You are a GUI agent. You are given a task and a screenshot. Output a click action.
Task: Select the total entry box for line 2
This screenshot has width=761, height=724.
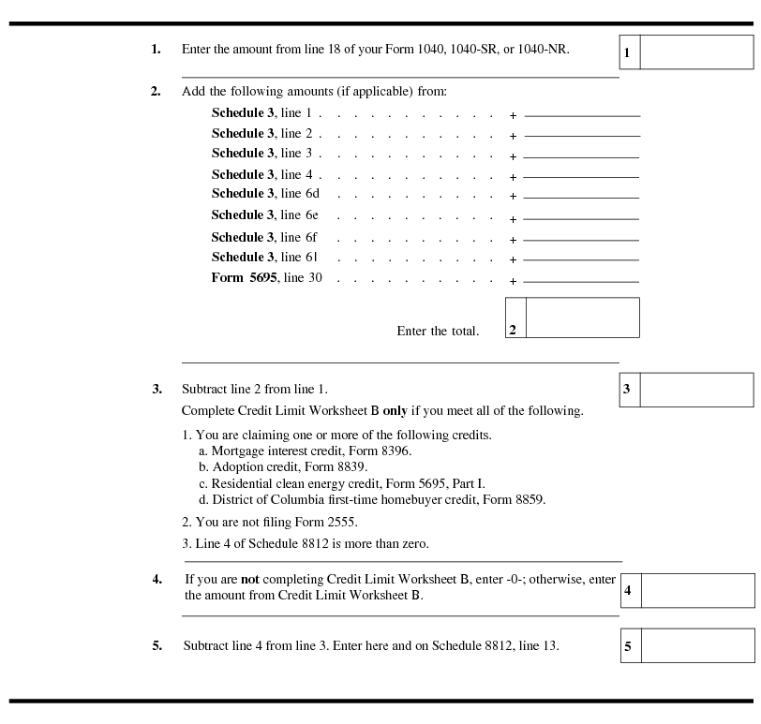tap(582, 318)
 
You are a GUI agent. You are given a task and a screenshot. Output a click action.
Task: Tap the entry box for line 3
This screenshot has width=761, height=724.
tap(696, 390)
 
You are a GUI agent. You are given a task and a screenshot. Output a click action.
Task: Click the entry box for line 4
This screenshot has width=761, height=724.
tap(697, 590)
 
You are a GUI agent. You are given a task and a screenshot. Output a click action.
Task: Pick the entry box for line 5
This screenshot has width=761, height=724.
tap(697, 645)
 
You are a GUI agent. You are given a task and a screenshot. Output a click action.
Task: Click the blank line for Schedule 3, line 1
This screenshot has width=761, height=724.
tap(582, 114)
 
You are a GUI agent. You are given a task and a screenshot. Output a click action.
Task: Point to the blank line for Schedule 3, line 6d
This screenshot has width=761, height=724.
tap(582, 196)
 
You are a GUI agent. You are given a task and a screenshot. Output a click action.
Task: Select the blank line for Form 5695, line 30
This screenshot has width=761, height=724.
tap(582, 280)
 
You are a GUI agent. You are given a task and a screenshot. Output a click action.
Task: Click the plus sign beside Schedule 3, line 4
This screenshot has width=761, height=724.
tap(513, 176)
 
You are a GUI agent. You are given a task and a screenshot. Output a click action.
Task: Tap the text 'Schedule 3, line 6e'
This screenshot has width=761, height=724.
tap(265, 215)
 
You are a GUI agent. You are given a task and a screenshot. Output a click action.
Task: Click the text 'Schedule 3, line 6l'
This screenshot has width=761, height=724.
tap(265, 257)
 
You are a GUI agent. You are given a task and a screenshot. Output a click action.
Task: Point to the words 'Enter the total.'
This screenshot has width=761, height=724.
tap(438, 331)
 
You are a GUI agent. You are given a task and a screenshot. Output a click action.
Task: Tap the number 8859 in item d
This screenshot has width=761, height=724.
tap(527, 499)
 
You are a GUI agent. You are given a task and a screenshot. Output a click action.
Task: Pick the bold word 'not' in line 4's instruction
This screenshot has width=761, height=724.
tap(251, 579)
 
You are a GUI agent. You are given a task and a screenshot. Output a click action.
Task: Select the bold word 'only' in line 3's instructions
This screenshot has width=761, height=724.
tap(395, 411)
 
